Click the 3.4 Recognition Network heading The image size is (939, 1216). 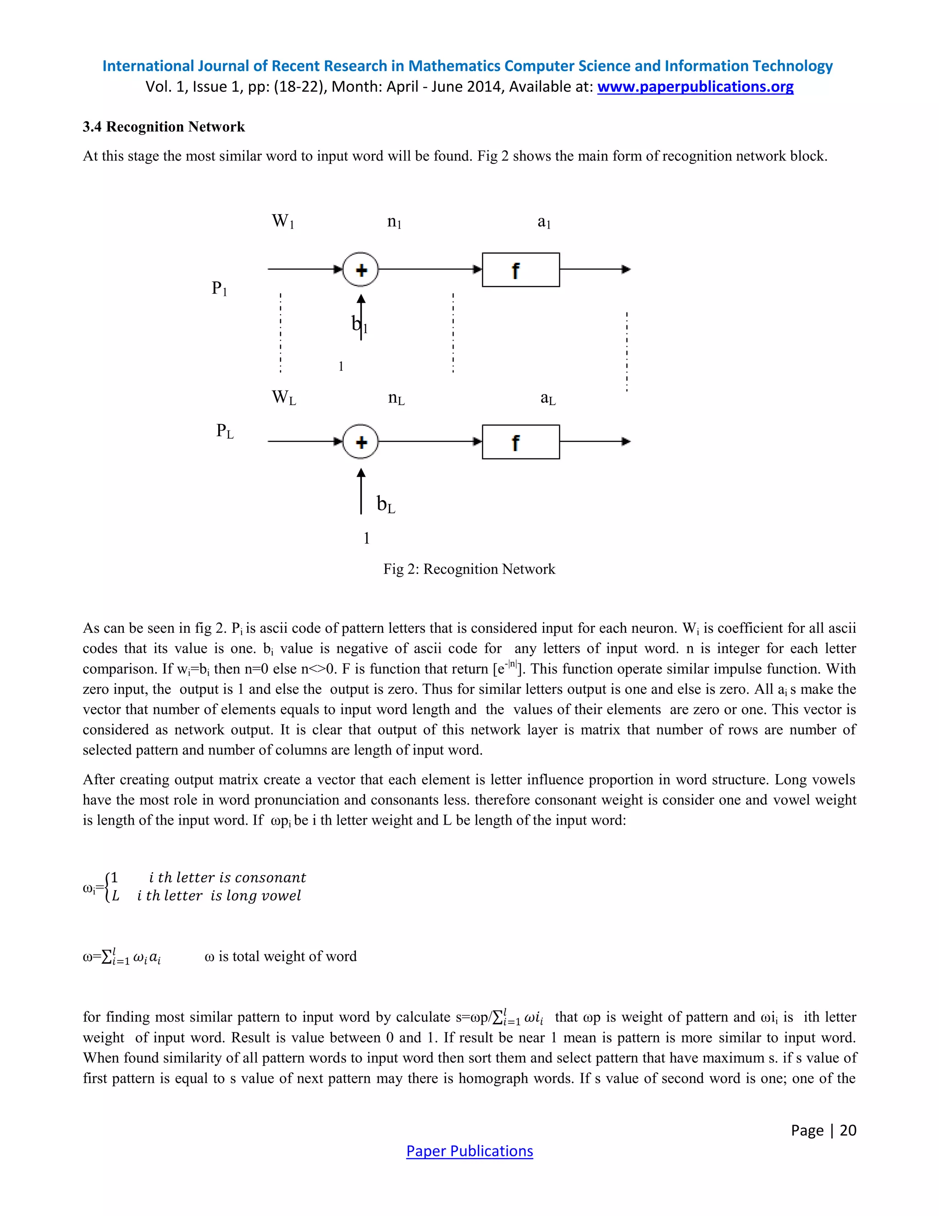(164, 127)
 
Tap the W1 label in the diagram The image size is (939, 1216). (282, 222)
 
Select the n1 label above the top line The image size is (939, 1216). (394, 222)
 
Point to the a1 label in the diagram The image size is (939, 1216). (543, 222)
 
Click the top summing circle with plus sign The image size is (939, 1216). (361, 270)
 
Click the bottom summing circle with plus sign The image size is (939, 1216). (361, 442)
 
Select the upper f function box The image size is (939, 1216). (521, 270)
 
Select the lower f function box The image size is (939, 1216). (521, 442)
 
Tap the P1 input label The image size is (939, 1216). (219, 289)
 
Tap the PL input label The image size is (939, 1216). (225, 431)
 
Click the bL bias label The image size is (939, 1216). (386, 504)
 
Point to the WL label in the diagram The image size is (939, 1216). (284, 397)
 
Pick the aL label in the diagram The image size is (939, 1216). (548, 399)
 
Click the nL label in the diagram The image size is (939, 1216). (396, 399)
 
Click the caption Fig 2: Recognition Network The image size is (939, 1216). (469, 569)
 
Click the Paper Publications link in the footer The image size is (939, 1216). (469, 1151)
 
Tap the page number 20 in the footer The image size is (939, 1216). (848, 1130)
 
